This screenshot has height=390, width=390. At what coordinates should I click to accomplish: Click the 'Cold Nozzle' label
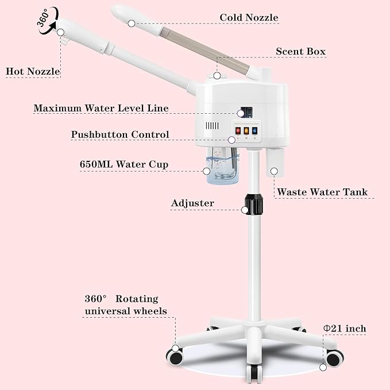pos(249,17)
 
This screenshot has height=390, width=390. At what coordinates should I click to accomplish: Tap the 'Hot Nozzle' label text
pos(33,72)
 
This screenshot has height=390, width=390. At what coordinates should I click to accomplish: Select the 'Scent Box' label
pos(300,52)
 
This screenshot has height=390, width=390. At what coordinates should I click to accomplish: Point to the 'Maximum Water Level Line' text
pos(101,108)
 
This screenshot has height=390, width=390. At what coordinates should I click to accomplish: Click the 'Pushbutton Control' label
pos(120,134)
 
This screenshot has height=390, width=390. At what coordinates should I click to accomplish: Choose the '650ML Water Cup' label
pos(123,164)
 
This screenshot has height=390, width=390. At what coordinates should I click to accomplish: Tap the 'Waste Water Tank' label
pos(322,192)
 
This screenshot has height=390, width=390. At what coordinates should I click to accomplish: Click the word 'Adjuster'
pos(192,203)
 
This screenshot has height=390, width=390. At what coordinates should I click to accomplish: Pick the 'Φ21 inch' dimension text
pos(345,329)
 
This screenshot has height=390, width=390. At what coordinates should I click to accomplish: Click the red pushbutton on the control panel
pos(237,130)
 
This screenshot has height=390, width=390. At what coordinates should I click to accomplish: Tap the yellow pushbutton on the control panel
pos(246,130)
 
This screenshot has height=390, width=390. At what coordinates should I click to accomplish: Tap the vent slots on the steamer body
pos(213,126)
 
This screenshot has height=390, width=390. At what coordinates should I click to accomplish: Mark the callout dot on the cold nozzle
pos(132,24)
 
